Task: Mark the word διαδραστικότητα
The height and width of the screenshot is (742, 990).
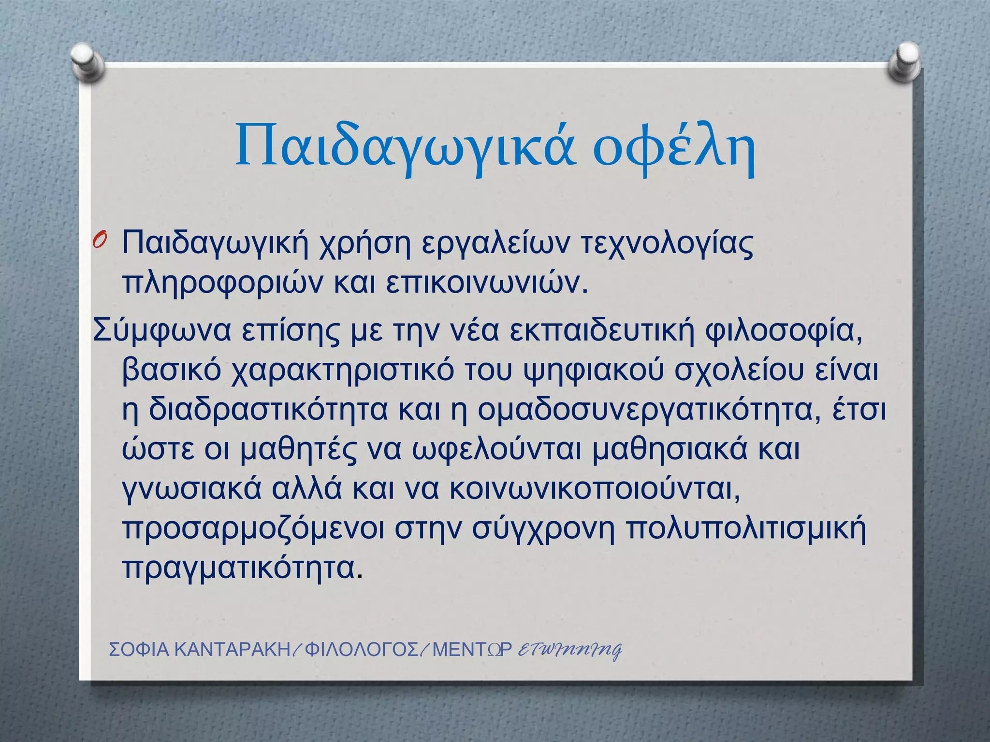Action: pyautogui.click(x=268, y=410)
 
